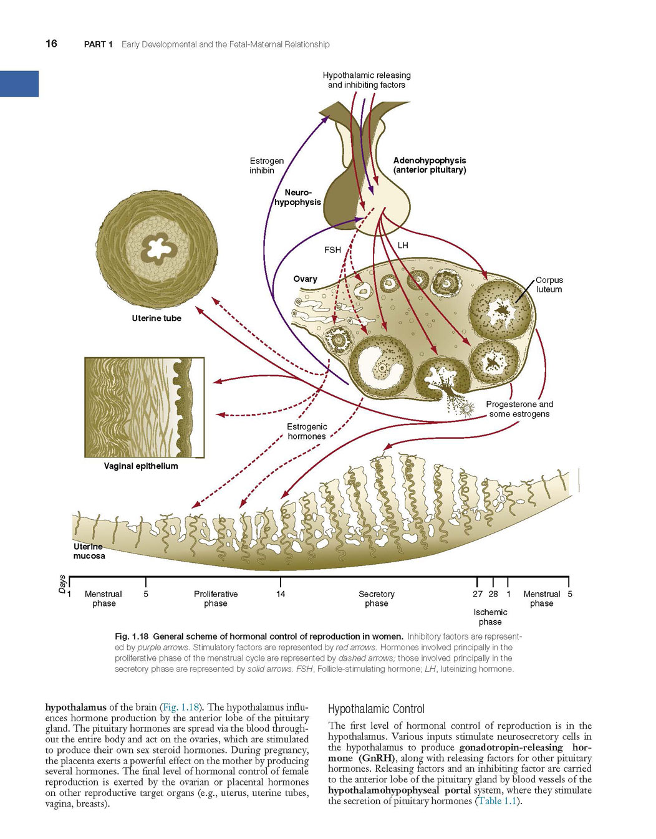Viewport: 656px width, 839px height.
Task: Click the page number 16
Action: [x=51, y=44]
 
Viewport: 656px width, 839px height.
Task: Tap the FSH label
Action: [x=332, y=250]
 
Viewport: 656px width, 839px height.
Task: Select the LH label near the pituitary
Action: [x=403, y=245]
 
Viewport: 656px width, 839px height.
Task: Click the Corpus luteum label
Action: [x=549, y=285]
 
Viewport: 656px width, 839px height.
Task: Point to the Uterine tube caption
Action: [x=157, y=318]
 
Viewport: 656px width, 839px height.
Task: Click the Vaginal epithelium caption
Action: [x=141, y=466]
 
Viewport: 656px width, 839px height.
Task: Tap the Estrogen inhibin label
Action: [x=266, y=165]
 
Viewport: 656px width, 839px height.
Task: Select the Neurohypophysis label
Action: [x=297, y=197]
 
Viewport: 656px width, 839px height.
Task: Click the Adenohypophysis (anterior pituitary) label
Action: [x=430, y=165]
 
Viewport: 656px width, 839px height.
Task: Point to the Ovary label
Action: [x=305, y=279]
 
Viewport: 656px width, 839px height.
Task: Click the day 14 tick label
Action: [x=281, y=594]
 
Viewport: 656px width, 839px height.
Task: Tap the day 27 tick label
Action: [x=478, y=594]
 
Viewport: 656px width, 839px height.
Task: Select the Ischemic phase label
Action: [x=490, y=617]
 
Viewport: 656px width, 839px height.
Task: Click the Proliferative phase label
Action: [x=216, y=598]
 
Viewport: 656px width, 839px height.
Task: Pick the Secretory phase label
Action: [x=377, y=598]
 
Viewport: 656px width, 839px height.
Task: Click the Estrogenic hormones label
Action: [x=307, y=431]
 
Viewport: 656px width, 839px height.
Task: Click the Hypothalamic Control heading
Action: [x=376, y=709]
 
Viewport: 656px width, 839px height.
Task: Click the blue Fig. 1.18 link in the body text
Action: [x=181, y=707]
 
